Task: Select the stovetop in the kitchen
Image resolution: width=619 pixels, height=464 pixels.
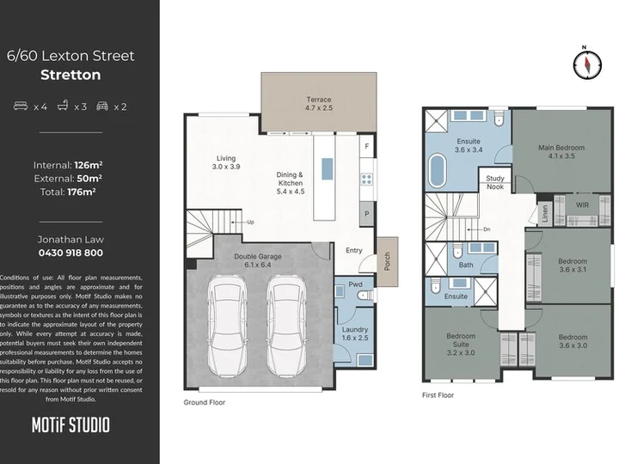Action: [x=366, y=179]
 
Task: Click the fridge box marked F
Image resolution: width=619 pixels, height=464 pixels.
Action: [x=367, y=146]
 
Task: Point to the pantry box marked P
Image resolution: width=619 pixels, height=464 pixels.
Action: [x=367, y=214]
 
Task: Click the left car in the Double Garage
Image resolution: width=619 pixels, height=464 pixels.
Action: [x=227, y=326]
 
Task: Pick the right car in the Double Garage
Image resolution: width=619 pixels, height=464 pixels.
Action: [x=286, y=326]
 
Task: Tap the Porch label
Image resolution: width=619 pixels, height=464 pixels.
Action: [x=387, y=261]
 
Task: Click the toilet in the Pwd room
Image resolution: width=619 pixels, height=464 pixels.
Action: [x=365, y=295]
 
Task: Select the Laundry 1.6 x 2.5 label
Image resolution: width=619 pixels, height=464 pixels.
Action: [x=355, y=333]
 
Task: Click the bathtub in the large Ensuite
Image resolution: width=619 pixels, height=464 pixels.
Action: [x=437, y=170]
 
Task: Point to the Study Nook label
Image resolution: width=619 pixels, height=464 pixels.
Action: [x=495, y=183]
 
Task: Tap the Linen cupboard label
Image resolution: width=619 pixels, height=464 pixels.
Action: [x=545, y=214]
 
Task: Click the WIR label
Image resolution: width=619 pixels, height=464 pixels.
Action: [x=582, y=205]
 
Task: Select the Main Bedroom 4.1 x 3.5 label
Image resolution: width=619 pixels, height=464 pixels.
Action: [x=561, y=152]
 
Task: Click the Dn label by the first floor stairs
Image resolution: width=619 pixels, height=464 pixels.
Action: [x=487, y=229]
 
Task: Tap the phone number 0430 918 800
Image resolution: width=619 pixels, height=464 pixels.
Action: [x=70, y=253]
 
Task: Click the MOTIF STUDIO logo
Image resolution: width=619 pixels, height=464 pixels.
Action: [x=70, y=425]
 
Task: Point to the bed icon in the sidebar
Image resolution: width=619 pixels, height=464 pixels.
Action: [x=21, y=106]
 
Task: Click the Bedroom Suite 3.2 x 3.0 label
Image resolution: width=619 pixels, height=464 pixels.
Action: [x=461, y=345]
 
